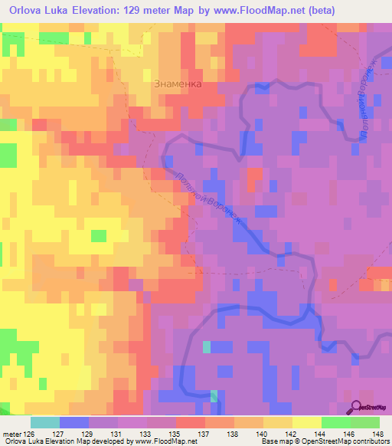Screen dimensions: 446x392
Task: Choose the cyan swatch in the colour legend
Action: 44,422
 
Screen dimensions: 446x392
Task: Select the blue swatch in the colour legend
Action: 73,422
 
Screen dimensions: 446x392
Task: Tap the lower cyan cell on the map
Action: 214,396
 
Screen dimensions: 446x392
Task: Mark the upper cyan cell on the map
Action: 207,347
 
